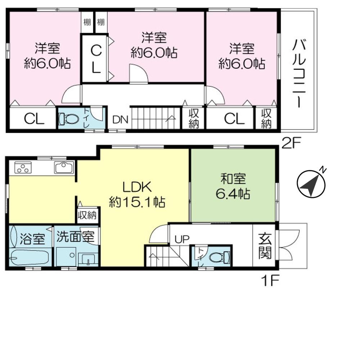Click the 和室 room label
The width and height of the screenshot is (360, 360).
(x=233, y=179)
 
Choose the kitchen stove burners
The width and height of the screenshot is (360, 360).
(x=23, y=168)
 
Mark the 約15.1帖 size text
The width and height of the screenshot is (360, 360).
(x=137, y=203)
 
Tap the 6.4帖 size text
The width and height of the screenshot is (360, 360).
(x=233, y=194)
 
